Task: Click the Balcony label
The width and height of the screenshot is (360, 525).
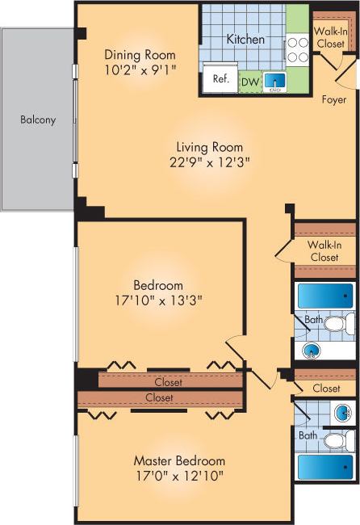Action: click(x=38, y=120)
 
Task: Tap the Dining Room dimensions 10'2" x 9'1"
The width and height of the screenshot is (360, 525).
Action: click(x=140, y=69)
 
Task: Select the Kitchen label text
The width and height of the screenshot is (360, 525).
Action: click(x=245, y=39)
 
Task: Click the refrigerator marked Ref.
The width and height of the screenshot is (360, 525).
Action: click(x=220, y=80)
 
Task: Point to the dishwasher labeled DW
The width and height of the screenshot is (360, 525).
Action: click(x=249, y=81)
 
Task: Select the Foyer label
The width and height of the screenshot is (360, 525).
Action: click(x=333, y=100)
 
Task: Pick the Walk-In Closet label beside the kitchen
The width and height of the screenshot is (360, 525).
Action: click(x=330, y=37)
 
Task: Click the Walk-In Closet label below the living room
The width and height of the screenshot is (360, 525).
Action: click(x=323, y=251)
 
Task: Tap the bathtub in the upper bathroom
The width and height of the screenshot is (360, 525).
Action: click(x=325, y=296)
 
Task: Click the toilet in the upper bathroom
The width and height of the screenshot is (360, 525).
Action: click(x=336, y=325)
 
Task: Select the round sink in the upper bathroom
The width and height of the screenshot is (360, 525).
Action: click(x=312, y=351)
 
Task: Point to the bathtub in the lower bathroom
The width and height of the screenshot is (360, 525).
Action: click(x=325, y=467)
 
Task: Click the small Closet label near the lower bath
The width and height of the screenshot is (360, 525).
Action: click(x=326, y=388)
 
